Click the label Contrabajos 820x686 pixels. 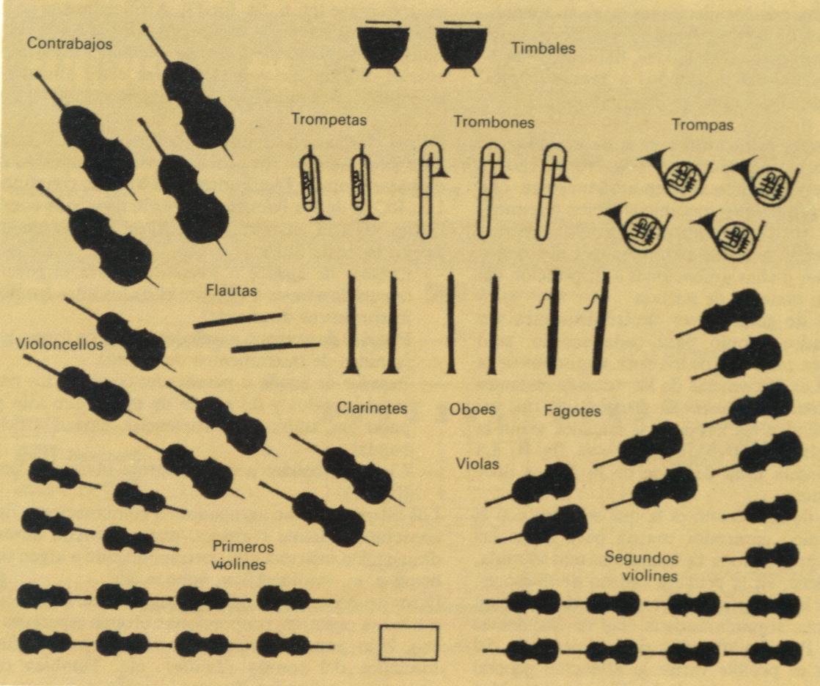(70, 43)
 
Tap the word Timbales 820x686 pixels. (543, 48)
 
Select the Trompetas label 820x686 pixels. (329, 119)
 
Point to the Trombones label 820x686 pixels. (494, 122)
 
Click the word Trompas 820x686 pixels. (703, 125)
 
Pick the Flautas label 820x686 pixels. (231, 290)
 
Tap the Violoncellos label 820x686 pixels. (59, 344)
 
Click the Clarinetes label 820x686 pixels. (372, 407)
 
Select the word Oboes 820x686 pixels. (472, 408)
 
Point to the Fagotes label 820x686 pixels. (572, 411)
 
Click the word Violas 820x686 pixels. (477, 463)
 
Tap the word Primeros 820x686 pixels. (244, 547)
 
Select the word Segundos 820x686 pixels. (641, 558)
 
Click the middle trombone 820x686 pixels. (491, 191)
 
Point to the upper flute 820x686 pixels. (238, 320)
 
